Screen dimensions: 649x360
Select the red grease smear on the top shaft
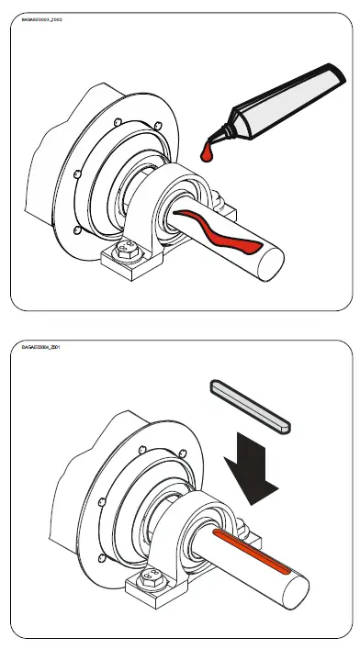[221, 229]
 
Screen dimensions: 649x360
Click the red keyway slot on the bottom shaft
[253, 551]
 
